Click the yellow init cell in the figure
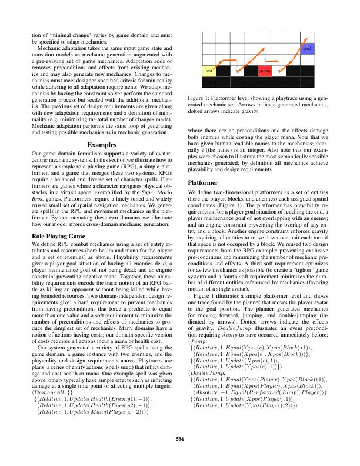209,71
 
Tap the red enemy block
265,71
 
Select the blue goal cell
307,49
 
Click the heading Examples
103,144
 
